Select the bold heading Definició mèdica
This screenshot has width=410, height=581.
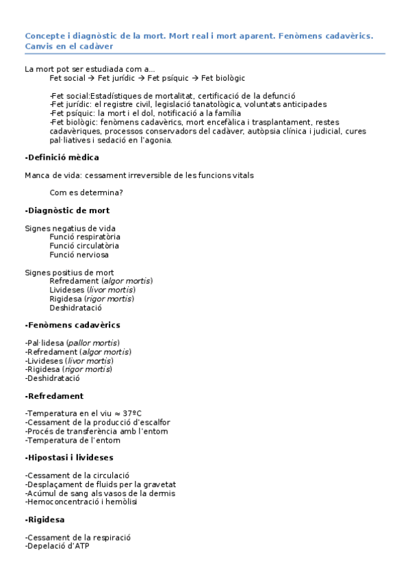pyautogui.click(x=62, y=158)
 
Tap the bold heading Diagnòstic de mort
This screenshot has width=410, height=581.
pyautogui.click(x=67, y=210)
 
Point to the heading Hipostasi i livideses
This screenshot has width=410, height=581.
pyautogui.click(x=69, y=457)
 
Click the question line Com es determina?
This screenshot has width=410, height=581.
pyautogui.click(x=86, y=193)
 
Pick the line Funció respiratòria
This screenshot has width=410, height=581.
pyautogui.click(x=84, y=237)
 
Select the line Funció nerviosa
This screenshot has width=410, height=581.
pyautogui.click(x=79, y=254)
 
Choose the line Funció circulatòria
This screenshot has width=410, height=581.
pyautogui.click(x=84, y=245)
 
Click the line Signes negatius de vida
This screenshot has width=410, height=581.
pyautogui.click(x=70, y=228)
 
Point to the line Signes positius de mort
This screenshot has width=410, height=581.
pyautogui.click(x=69, y=272)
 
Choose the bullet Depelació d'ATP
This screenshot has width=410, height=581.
pyautogui.click(x=57, y=546)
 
